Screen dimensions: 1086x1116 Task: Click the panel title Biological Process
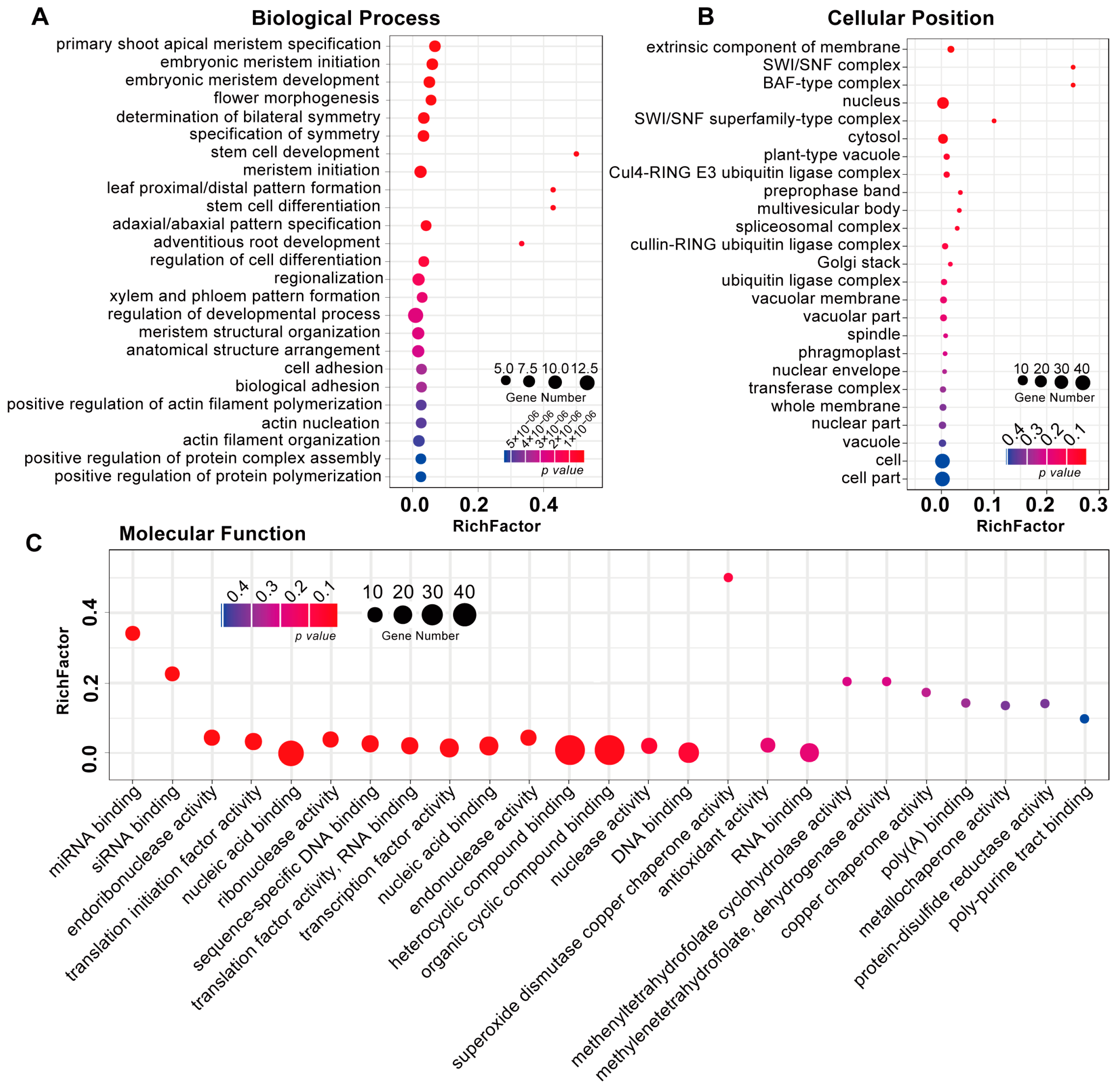click(345, 18)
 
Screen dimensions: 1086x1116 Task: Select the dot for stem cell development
click(576, 154)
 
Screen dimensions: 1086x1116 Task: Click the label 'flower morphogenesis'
click(296, 98)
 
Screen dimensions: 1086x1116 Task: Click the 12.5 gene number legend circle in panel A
click(586, 383)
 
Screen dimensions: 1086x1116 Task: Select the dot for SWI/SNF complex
click(1072, 67)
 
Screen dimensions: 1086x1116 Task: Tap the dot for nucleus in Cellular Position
click(942, 103)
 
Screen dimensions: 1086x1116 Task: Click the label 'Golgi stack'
click(858, 263)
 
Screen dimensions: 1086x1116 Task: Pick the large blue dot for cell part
click(942, 479)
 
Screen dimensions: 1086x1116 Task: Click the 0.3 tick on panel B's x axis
click(1093, 505)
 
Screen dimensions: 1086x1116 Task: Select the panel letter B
click(705, 17)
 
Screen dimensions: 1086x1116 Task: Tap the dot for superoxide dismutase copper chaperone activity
click(728, 577)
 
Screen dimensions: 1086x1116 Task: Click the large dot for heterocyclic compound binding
click(569, 750)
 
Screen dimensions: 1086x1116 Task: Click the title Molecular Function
click(212, 534)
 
